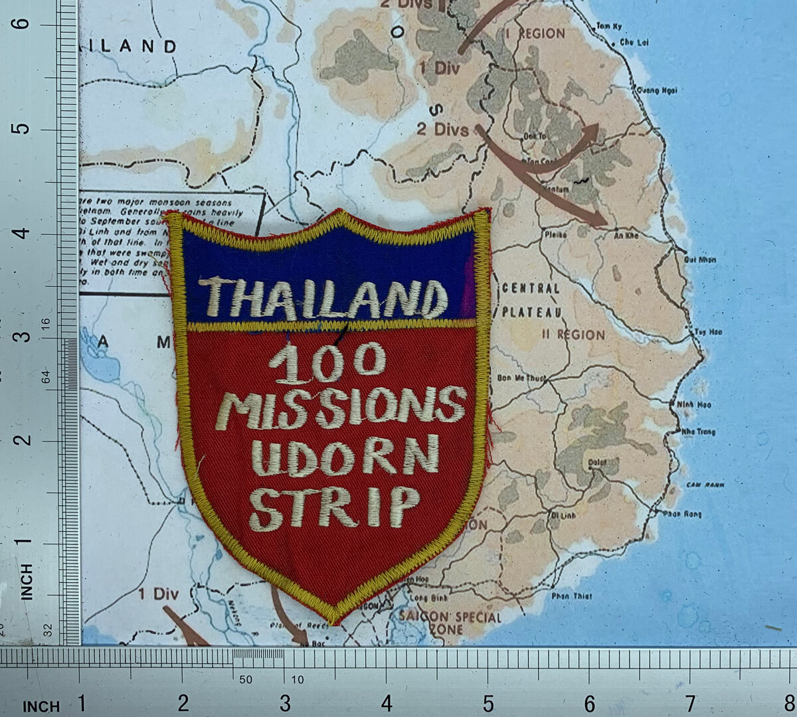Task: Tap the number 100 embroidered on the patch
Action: (x=328, y=364)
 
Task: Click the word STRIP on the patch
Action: (x=335, y=506)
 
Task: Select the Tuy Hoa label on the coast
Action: (x=705, y=331)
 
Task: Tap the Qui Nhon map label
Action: (x=700, y=260)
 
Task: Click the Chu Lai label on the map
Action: (x=635, y=42)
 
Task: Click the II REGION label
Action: (x=573, y=335)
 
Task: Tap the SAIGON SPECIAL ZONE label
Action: (x=450, y=622)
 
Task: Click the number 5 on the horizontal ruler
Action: (x=487, y=702)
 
